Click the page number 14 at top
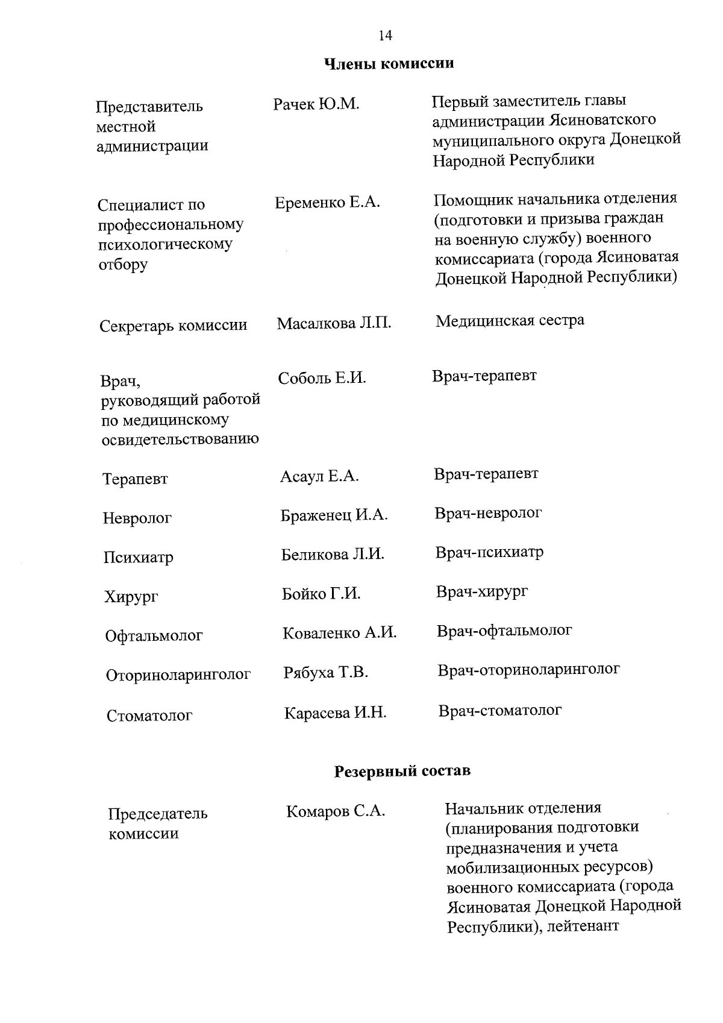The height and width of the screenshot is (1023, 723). (386, 36)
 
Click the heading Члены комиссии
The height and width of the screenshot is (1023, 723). (389, 63)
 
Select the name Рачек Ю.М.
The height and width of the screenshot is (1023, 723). (316, 105)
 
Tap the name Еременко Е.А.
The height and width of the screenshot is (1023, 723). (327, 203)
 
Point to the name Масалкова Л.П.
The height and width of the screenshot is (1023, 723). (334, 324)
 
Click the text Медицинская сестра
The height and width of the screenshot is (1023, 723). (510, 320)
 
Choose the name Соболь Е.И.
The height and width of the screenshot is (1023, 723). (322, 379)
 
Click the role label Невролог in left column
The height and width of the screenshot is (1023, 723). (137, 518)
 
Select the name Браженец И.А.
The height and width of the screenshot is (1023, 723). (334, 515)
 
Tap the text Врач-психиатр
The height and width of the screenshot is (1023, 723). (489, 552)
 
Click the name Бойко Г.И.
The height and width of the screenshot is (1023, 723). (321, 594)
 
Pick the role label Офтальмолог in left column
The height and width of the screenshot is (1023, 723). (154, 636)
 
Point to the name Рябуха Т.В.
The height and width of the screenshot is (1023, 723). (325, 672)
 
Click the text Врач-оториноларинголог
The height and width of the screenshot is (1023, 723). (528, 670)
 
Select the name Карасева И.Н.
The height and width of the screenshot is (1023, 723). (335, 713)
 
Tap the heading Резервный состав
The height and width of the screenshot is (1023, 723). (402, 771)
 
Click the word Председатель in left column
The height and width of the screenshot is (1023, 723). (158, 814)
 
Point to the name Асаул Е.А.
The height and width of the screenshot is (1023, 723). (319, 477)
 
